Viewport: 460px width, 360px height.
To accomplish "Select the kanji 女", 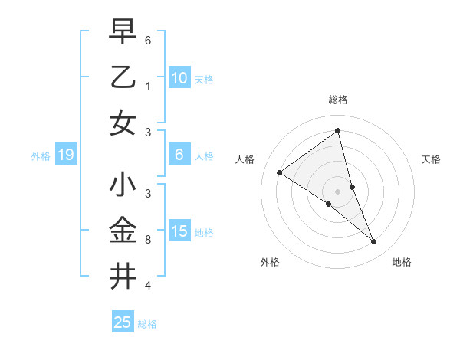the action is (123, 123).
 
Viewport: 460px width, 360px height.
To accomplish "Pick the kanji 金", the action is (123, 231).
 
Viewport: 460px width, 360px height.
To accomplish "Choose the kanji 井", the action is (123, 277).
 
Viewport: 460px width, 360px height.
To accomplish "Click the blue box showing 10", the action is (179, 77).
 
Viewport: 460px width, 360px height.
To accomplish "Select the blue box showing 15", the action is (179, 231).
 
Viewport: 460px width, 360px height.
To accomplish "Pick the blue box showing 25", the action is (122, 322).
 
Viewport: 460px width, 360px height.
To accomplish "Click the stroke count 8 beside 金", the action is (147, 240).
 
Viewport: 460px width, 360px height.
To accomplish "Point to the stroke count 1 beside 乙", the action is (147, 86).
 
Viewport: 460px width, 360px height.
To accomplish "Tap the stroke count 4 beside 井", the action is (147, 286).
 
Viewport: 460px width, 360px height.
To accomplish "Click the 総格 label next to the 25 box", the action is (147, 324).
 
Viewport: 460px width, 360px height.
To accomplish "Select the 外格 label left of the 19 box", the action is (41, 156).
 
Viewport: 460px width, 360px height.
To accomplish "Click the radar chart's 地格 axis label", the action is (402, 262).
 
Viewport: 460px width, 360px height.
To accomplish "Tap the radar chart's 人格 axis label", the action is (245, 159).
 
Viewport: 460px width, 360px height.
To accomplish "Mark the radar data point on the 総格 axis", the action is (338, 131).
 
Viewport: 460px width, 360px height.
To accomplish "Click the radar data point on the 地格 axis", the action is (374, 242).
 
